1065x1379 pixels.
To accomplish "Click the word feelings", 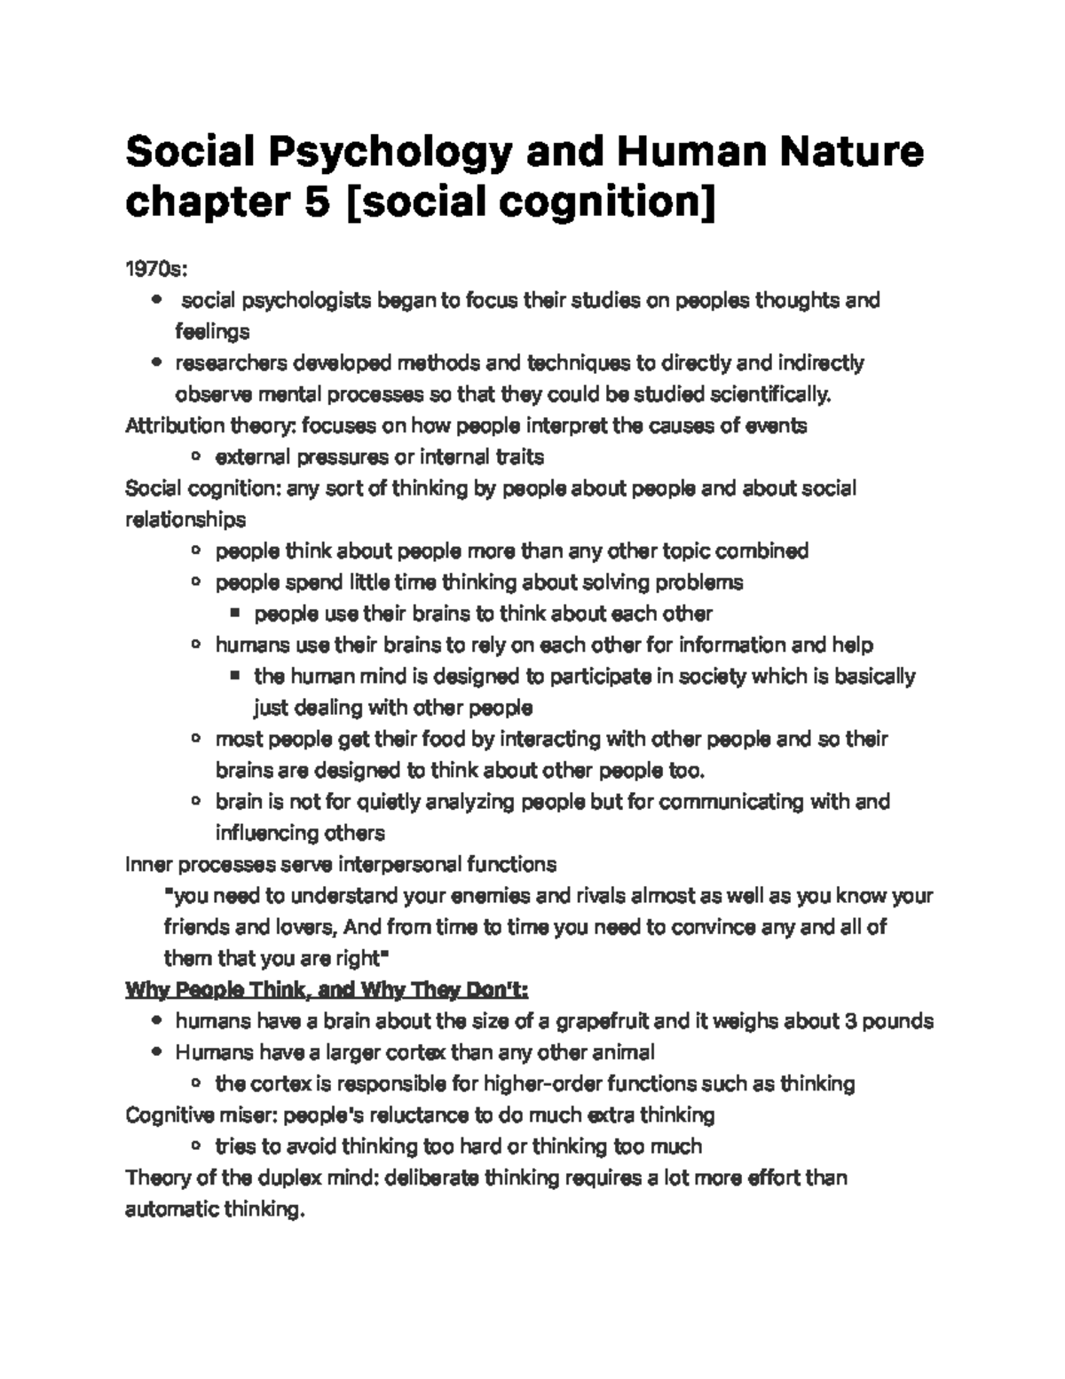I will [x=212, y=332].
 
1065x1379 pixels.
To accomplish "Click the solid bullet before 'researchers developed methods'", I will [x=157, y=362].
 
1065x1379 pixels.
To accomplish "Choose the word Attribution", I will [x=170, y=425].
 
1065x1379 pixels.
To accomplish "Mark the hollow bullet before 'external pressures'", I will [x=195, y=457].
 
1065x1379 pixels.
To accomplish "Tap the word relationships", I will [x=185, y=519].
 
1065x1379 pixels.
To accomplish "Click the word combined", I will [x=761, y=551].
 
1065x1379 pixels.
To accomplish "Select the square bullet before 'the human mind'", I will [x=234, y=676].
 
